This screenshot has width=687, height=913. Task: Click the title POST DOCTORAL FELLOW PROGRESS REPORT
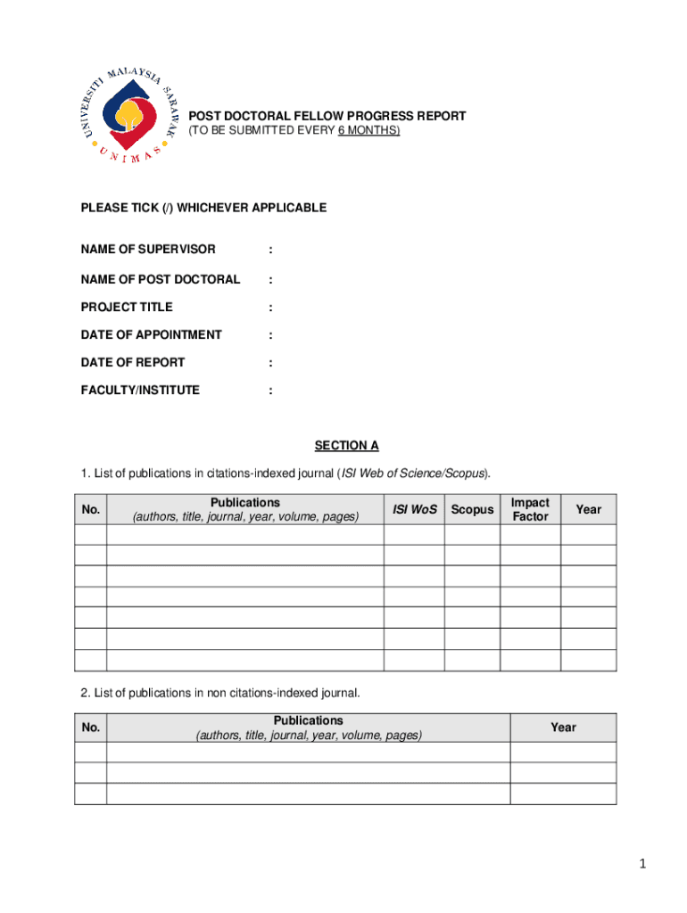click(x=327, y=117)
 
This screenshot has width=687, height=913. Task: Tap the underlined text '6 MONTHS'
click(x=368, y=131)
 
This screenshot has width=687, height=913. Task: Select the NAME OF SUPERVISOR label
click(x=148, y=249)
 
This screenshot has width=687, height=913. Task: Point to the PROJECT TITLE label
click(x=127, y=307)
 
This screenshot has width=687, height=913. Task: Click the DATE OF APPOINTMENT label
click(x=151, y=334)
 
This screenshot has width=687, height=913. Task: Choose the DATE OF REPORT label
click(x=133, y=362)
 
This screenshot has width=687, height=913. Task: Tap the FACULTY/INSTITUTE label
click(x=140, y=390)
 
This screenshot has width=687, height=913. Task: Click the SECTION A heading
click(x=346, y=445)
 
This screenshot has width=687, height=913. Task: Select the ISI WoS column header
click(x=415, y=509)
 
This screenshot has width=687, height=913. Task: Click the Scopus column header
click(x=472, y=509)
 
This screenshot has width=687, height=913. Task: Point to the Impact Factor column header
click(x=530, y=509)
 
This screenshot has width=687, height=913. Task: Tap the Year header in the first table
click(x=588, y=509)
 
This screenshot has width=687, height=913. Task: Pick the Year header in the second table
click(x=563, y=728)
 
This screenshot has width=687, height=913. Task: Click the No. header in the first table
click(x=90, y=509)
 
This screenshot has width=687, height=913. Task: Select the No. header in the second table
click(x=90, y=728)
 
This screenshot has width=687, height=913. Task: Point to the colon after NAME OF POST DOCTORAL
click(x=269, y=280)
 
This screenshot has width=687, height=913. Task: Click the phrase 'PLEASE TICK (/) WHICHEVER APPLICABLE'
click(x=203, y=208)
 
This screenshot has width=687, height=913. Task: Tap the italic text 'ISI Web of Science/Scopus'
click(x=413, y=472)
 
